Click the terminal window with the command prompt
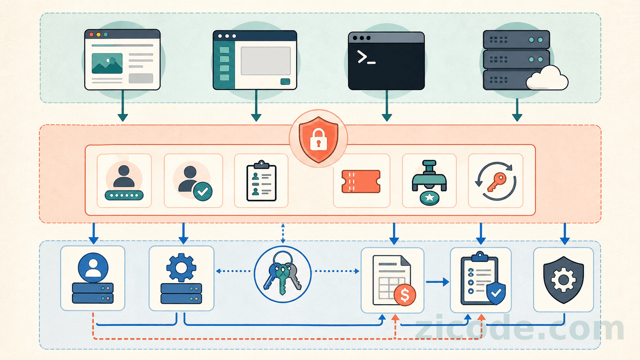386,61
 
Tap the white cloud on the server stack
547,78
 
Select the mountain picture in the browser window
107,64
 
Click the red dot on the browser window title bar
91,35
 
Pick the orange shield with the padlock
318,139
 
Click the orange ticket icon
361,181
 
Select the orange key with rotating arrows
496,181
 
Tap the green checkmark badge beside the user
203,191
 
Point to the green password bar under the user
124,195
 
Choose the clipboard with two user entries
261,181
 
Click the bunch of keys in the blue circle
283,273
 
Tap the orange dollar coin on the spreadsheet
405,295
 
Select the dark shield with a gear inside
563,280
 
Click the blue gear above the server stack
181,268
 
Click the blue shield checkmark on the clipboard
496,293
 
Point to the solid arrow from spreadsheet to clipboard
437,282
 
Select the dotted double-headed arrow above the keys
283,233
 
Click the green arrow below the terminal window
387,106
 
